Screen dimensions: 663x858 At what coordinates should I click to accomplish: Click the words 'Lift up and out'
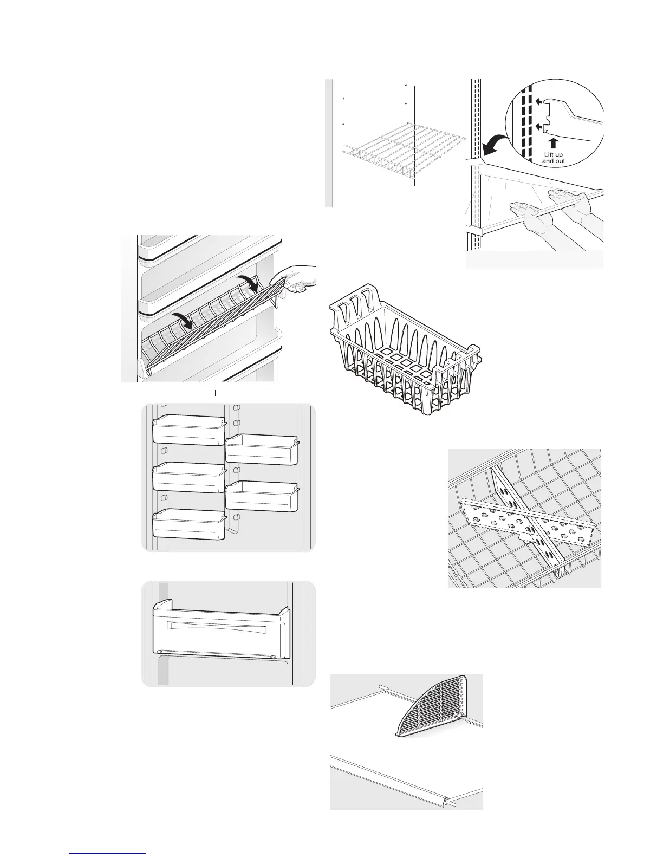553,157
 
